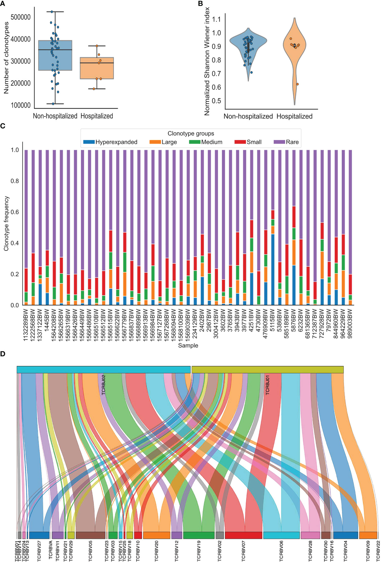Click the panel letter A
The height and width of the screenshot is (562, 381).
point(3,3)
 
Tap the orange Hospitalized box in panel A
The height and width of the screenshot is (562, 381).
point(97,68)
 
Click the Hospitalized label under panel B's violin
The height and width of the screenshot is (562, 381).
point(294,117)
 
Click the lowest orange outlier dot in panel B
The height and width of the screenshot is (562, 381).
point(297,84)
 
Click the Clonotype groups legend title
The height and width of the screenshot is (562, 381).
point(191,133)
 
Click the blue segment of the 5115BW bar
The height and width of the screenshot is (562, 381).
point(272,270)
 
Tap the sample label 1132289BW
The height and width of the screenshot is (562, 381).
point(26,324)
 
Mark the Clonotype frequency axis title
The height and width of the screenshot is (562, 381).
point(6,224)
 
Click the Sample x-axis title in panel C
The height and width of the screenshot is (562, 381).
point(188,345)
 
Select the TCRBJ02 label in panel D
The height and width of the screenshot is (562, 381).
point(104,388)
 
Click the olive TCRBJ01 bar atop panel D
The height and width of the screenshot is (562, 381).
point(267,370)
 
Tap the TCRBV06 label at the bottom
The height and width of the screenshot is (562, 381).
point(281,544)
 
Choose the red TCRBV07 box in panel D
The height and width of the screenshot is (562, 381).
point(243,535)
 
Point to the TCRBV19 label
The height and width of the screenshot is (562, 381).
point(199,544)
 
